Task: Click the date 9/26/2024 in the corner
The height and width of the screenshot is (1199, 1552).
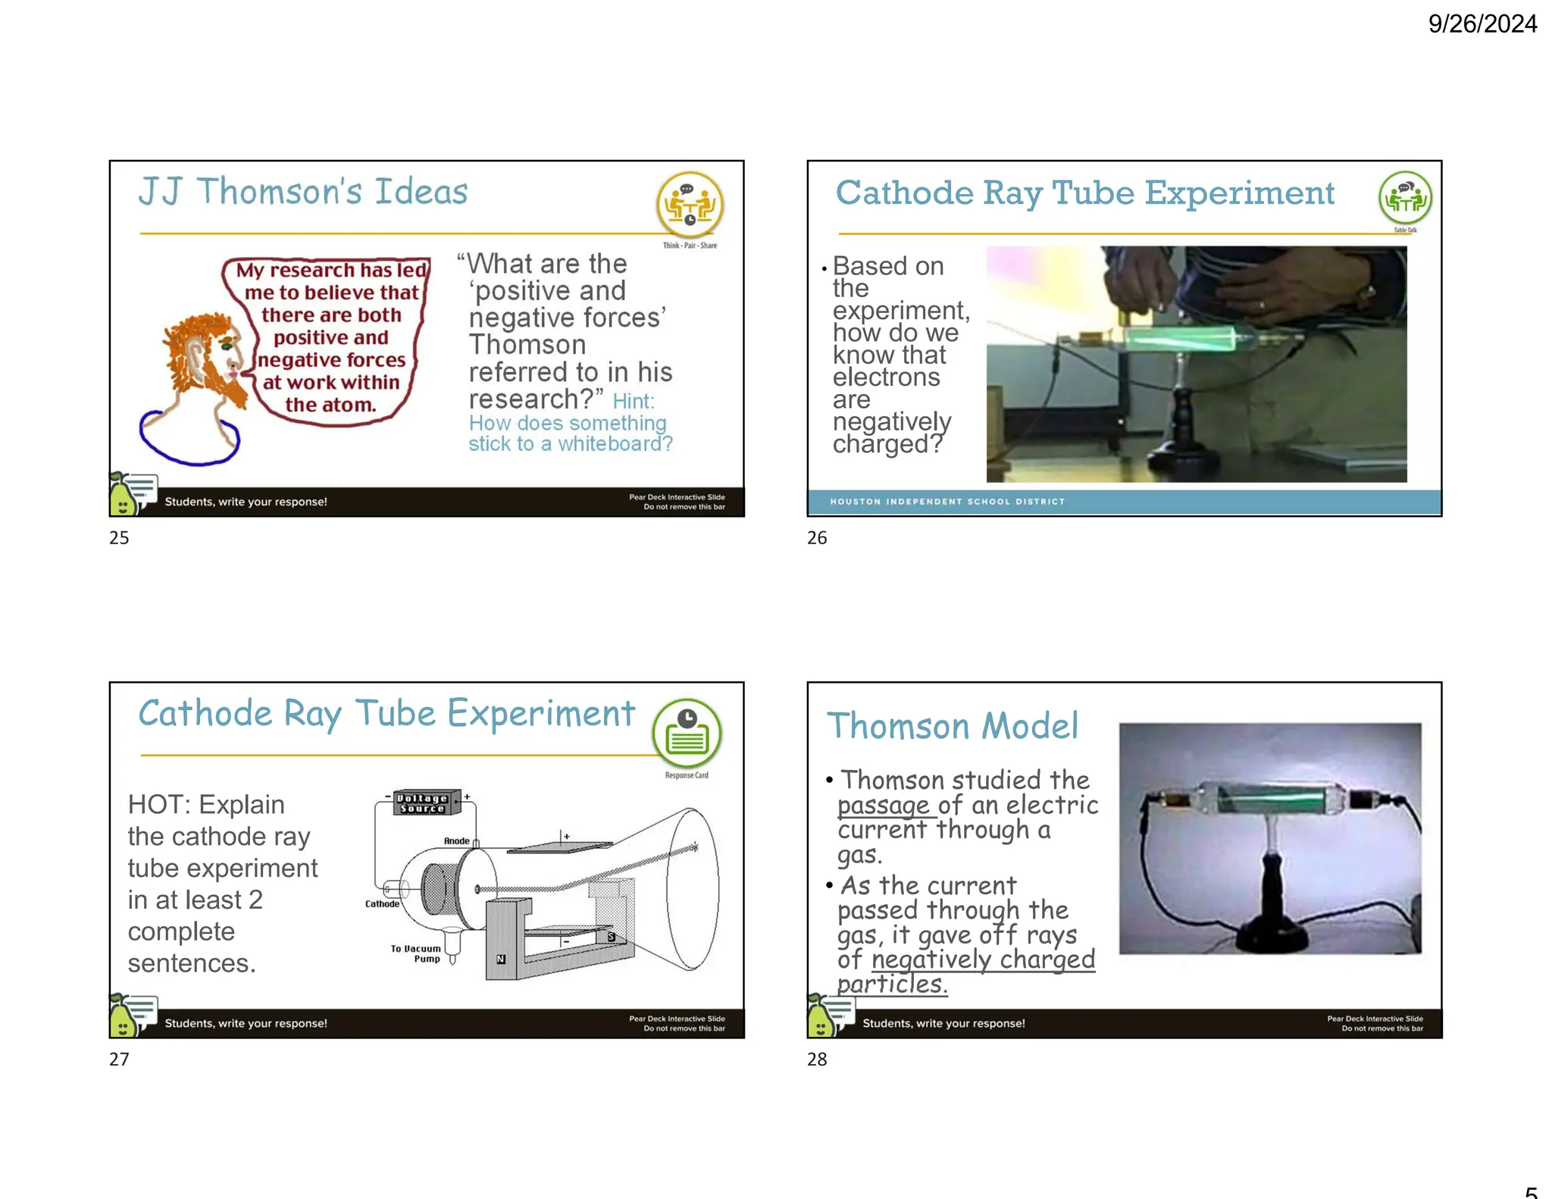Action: coord(1482,24)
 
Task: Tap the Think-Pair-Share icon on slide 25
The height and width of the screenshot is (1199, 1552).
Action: coord(689,205)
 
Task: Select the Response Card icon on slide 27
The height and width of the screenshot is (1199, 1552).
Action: coord(687,732)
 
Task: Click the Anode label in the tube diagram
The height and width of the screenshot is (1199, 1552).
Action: coord(456,841)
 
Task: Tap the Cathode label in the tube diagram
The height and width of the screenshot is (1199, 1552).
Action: coord(382,903)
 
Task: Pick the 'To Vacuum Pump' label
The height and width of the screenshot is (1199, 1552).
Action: coord(416,953)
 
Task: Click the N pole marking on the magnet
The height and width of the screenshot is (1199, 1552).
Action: coord(501,959)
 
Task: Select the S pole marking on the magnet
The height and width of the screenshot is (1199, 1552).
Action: coord(611,938)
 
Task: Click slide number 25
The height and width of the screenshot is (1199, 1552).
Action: coord(119,538)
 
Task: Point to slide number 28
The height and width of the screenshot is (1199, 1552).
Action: coord(817,1060)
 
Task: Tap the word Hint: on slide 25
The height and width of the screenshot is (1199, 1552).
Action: coord(633,401)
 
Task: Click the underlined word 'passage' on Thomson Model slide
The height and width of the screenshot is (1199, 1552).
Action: coord(883,805)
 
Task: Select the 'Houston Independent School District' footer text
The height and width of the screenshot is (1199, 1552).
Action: coord(947,502)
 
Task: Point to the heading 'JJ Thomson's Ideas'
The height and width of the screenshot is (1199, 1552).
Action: coord(302,191)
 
